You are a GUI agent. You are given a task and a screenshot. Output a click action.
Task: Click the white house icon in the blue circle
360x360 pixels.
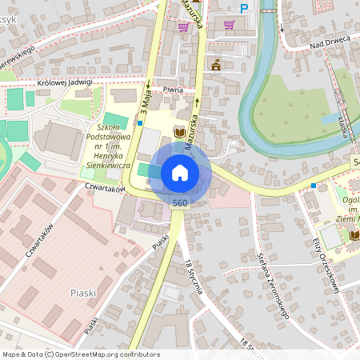pos(180,173)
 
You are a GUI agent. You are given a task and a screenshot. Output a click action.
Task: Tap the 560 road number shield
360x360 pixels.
pos(180,203)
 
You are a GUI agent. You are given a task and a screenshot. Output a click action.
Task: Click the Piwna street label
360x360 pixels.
pos(174,91)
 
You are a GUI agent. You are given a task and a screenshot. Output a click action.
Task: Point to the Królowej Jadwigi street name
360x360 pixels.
pos(65,82)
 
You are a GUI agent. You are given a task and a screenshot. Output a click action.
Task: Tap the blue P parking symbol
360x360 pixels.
pos(245,9)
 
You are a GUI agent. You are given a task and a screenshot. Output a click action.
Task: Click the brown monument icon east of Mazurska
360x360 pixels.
pos(215,64)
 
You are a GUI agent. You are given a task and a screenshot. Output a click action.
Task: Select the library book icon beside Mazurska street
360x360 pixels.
pos(180,132)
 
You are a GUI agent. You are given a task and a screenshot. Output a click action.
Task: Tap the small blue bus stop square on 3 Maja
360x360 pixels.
pos(140,123)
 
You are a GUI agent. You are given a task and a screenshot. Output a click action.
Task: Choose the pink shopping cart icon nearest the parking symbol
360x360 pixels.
pos(230,24)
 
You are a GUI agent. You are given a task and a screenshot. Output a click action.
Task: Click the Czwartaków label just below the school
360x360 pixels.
pos(105,189)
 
